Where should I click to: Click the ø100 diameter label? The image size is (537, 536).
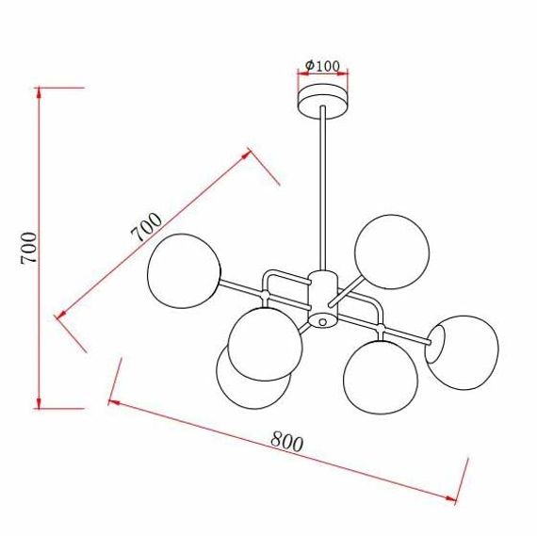click(323, 66)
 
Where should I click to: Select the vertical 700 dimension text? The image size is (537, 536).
click(29, 248)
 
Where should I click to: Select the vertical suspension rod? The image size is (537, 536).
click(322, 188)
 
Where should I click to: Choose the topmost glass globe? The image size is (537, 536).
click(392, 251)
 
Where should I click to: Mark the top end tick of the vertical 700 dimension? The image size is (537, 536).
click(40, 88)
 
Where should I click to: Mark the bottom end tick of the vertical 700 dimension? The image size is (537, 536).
click(40, 408)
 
